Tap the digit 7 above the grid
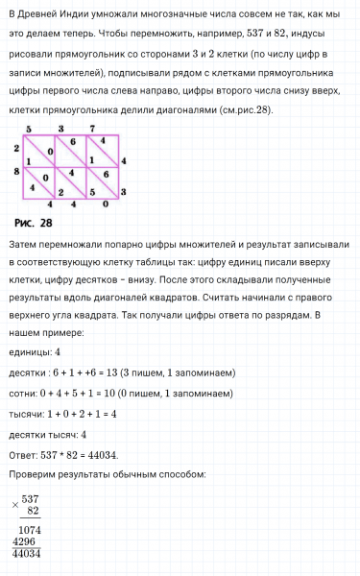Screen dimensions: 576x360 (x=91, y=129)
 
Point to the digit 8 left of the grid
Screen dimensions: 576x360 (x=17, y=172)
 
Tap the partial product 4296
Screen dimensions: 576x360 (x=25, y=541)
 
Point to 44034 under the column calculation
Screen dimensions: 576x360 (x=27, y=554)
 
